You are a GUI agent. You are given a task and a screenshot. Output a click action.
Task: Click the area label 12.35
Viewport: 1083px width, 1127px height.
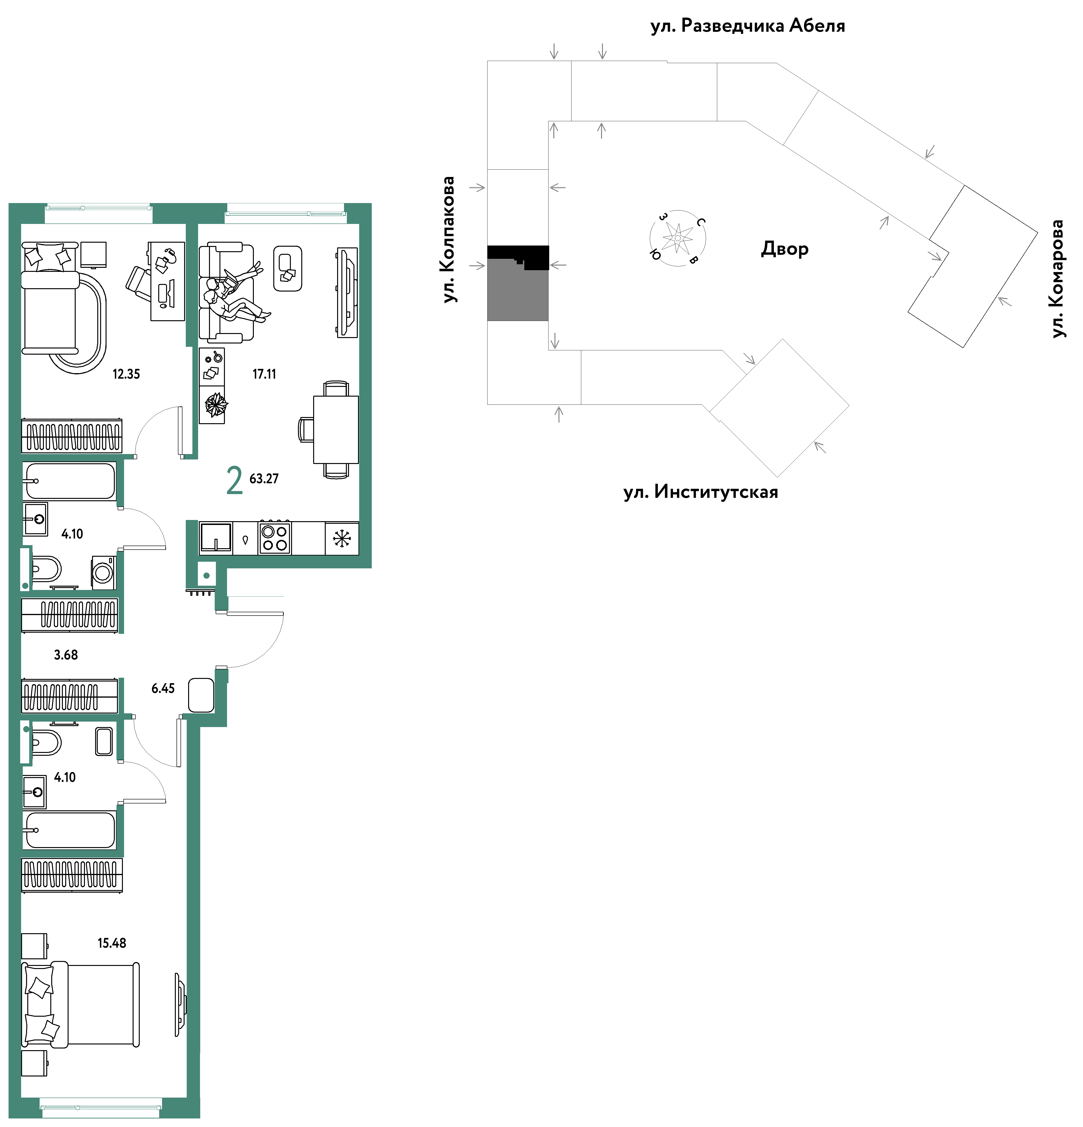(x=126, y=374)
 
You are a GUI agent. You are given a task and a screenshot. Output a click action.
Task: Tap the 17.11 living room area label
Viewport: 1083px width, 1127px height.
(x=264, y=374)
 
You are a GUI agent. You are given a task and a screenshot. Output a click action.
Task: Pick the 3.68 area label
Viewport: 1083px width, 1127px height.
(x=65, y=655)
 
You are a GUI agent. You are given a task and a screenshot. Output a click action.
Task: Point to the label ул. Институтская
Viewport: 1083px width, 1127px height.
(x=701, y=492)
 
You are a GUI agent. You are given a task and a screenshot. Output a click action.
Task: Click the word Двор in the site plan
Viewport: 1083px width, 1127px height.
(x=785, y=249)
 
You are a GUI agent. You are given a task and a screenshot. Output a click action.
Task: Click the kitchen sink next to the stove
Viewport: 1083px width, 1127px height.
(x=216, y=538)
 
